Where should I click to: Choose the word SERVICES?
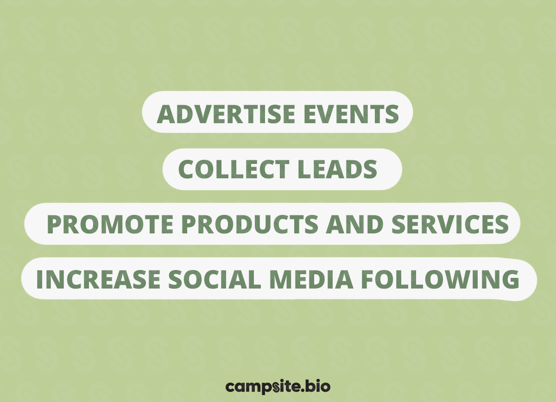[450, 225]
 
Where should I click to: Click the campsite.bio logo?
[278, 386]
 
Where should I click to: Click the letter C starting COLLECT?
[186, 170]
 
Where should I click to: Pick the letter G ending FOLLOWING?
[509, 279]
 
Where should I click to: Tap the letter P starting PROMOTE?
[55, 225]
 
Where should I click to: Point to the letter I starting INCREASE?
[40, 279]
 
